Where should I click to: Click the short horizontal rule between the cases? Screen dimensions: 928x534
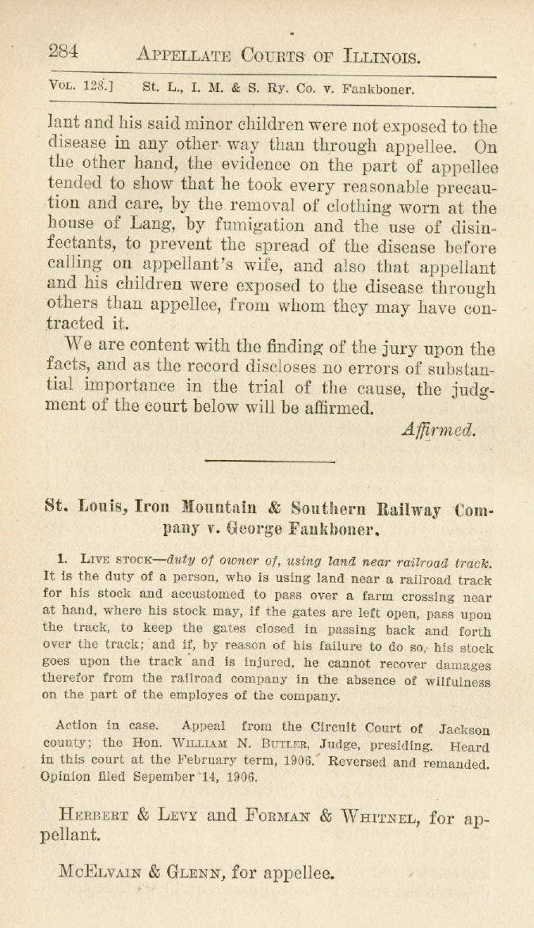269,460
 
